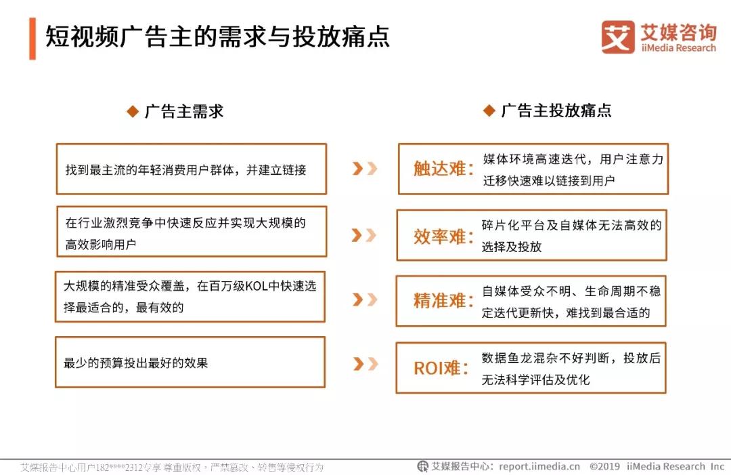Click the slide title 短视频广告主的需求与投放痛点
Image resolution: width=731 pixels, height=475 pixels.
(x=217, y=37)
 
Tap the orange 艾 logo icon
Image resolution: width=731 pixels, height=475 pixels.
(x=618, y=37)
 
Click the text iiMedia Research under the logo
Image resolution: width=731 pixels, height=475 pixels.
(x=678, y=47)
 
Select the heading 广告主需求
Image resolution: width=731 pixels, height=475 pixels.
(x=184, y=111)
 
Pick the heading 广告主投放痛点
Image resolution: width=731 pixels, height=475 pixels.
(x=556, y=110)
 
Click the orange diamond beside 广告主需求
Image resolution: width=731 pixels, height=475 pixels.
(x=133, y=112)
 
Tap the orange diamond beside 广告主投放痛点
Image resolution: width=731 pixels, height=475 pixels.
(x=489, y=110)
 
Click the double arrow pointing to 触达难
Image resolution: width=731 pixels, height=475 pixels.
(x=365, y=169)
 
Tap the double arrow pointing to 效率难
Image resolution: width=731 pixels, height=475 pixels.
(x=364, y=235)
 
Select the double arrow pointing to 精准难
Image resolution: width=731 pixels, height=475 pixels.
(x=365, y=300)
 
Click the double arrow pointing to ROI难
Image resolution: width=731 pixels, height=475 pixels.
(x=365, y=364)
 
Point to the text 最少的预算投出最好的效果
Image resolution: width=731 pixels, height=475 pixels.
(x=135, y=363)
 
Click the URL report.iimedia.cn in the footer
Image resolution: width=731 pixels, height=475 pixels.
(x=539, y=466)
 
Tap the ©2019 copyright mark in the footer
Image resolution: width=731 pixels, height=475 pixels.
(x=604, y=466)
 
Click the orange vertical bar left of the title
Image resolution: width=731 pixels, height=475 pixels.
(x=32, y=39)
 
